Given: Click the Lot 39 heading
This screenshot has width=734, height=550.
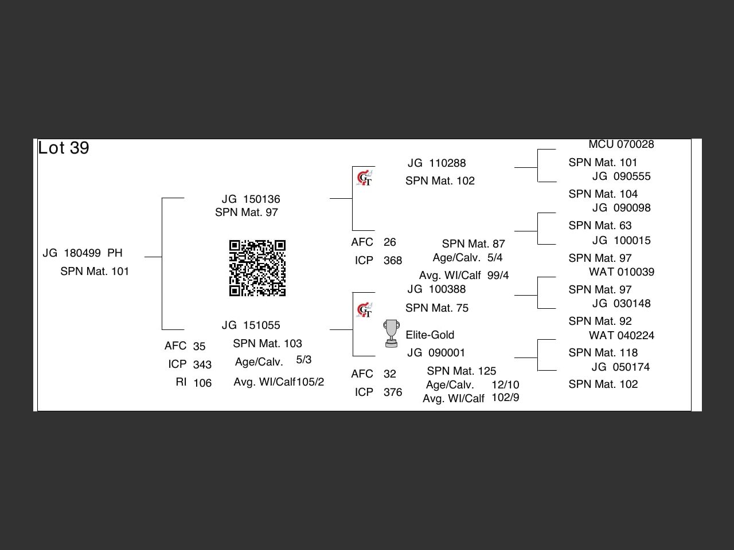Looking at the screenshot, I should point(64,148).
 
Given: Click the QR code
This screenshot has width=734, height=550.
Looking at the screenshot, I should point(257,268).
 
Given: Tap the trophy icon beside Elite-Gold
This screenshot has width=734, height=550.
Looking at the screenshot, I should point(391,333).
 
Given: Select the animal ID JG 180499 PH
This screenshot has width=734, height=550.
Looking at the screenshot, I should point(83,253).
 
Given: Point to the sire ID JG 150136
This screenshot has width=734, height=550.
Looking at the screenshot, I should point(251,199).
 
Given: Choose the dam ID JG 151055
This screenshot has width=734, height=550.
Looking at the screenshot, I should point(251,325).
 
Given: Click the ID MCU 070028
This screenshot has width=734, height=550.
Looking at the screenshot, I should point(621,144).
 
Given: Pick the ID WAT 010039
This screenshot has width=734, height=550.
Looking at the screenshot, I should point(621,272).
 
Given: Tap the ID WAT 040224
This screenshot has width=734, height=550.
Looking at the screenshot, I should point(621,336).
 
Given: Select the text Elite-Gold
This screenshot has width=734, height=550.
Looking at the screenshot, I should point(430,335).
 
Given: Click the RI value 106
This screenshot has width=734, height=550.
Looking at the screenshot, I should point(202,383).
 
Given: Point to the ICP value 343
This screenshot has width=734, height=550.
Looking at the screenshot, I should point(202,365).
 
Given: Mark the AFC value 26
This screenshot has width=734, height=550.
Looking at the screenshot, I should point(390,242).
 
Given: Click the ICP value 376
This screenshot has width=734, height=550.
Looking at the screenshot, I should point(393,392).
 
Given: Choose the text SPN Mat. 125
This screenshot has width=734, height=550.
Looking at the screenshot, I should point(461,371).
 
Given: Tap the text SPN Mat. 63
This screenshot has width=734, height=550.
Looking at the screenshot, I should point(600,226).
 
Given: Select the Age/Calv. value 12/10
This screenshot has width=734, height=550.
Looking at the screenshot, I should point(505,385).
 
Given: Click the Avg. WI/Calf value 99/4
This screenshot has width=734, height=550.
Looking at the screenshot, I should point(498,276).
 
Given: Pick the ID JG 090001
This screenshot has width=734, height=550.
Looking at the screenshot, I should point(436,353).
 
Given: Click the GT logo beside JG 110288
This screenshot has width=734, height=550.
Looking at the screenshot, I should point(365,178).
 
